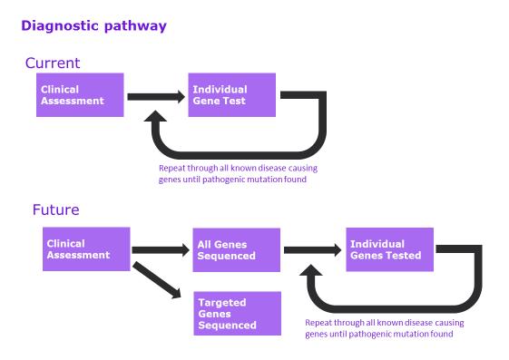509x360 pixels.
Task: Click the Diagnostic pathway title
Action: (x=94, y=26)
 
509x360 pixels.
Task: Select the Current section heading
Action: (x=53, y=63)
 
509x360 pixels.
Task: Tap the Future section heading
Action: (x=55, y=209)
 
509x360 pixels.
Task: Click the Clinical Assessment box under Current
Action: (x=79, y=95)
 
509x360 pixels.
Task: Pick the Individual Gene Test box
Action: (x=231, y=95)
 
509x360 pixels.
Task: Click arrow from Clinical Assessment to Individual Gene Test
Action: (x=157, y=95)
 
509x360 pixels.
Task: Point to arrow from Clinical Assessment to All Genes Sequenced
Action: (x=161, y=249)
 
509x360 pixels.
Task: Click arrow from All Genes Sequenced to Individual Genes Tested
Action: (x=313, y=249)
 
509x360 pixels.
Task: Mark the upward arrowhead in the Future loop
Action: (x=313, y=273)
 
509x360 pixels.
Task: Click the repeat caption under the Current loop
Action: (x=237, y=173)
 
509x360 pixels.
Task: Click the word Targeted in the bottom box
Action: (x=221, y=302)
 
